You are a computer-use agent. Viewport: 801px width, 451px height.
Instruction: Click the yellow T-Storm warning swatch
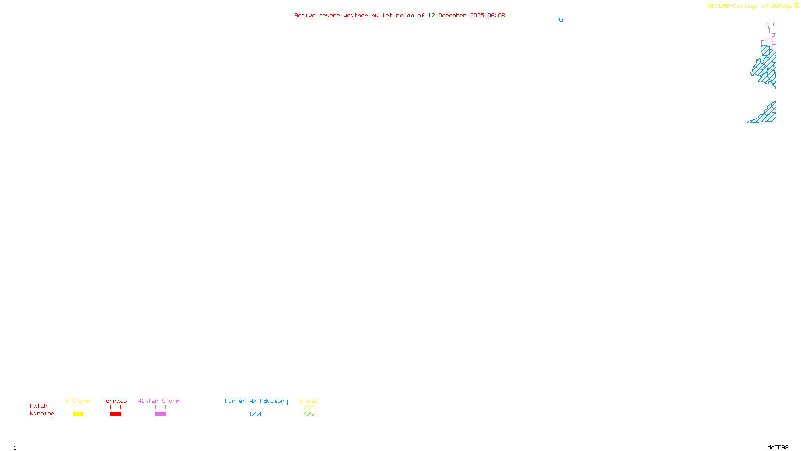[78, 414]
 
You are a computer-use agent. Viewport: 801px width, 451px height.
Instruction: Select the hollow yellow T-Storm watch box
[78, 407]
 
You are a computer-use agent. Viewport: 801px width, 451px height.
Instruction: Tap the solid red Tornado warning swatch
[115, 414]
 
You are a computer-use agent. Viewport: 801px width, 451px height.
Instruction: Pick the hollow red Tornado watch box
[115, 407]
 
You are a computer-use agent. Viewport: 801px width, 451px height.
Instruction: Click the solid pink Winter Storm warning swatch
[160, 414]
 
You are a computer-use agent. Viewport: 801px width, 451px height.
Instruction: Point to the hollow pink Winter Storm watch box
[160, 407]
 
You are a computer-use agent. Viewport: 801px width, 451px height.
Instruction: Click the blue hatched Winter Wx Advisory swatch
[255, 414]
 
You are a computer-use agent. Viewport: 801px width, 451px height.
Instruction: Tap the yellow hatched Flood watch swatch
[309, 407]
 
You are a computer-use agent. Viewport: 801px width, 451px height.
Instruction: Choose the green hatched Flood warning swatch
[309, 414]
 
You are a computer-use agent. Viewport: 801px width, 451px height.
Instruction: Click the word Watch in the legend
[39, 406]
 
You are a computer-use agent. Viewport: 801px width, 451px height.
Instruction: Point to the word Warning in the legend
[42, 414]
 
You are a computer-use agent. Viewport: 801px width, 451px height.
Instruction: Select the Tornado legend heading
[115, 401]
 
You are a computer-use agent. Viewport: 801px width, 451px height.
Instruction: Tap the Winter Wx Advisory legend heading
[256, 401]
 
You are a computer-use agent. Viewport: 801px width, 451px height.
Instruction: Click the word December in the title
[452, 15]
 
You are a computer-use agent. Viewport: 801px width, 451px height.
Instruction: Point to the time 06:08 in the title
[496, 15]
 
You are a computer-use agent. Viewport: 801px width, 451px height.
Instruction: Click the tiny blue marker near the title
[561, 20]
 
